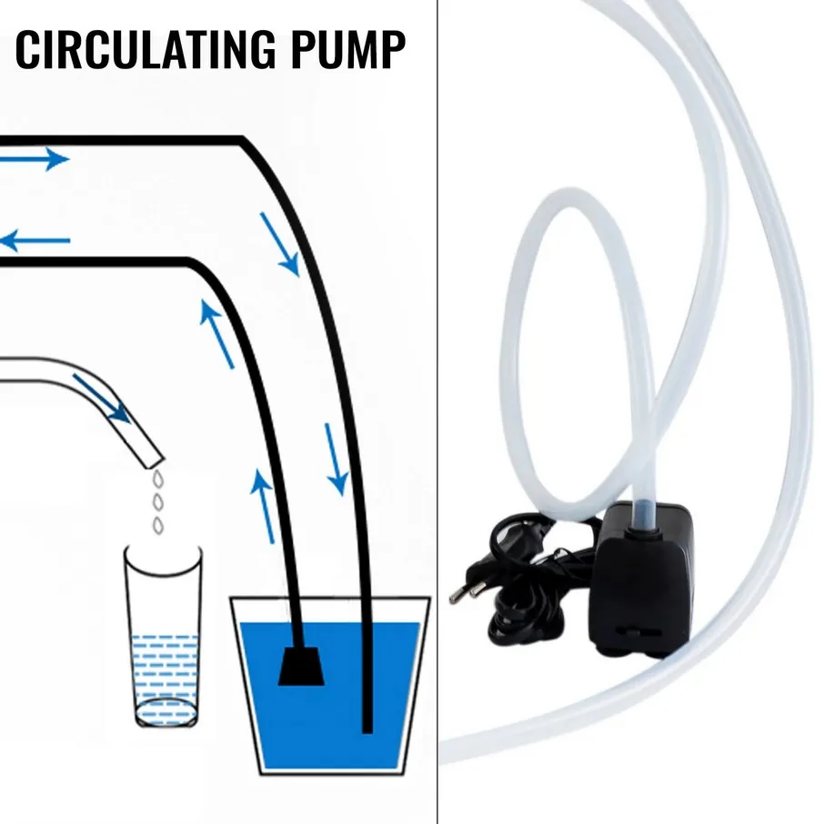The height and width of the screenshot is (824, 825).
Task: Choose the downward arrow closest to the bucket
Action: point(336,458)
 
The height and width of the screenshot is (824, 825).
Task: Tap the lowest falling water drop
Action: point(157,524)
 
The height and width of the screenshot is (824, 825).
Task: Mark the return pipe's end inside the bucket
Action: point(367,724)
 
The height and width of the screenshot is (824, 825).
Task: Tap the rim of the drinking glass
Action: point(164,549)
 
